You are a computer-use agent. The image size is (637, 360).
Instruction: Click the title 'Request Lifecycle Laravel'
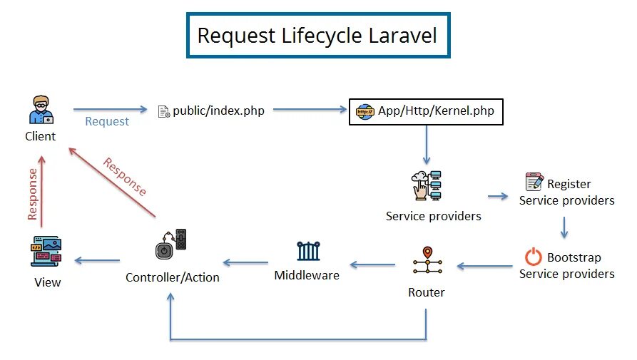click(x=317, y=35)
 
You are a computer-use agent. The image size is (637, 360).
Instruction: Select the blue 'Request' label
click(x=107, y=121)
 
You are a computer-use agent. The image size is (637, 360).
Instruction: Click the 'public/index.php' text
click(x=218, y=111)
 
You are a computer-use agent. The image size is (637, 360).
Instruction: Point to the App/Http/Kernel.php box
click(x=426, y=111)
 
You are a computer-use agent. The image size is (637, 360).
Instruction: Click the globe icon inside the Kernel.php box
click(x=365, y=111)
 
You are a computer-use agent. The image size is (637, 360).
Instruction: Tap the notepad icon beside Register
click(x=534, y=182)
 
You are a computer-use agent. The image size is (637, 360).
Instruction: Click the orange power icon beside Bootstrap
click(x=533, y=257)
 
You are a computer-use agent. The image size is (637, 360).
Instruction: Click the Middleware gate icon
click(x=307, y=251)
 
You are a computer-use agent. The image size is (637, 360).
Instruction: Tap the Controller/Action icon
click(x=171, y=247)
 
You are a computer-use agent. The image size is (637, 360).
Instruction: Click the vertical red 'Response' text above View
click(x=32, y=193)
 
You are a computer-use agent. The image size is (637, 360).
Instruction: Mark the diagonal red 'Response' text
click(x=125, y=177)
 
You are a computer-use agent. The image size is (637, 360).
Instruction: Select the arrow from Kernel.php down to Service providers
click(x=426, y=145)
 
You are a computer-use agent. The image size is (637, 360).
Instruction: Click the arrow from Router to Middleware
click(x=372, y=265)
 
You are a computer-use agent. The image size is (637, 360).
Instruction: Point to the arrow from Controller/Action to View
click(x=97, y=261)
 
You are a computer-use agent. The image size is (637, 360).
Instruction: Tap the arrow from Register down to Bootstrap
click(x=564, y=227)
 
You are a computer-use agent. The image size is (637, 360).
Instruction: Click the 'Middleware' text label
click(x=307, y=274)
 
